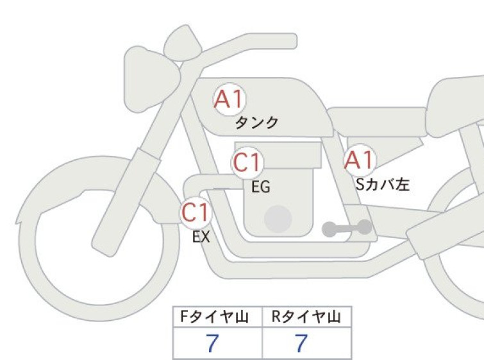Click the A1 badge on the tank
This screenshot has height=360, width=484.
point(229,99)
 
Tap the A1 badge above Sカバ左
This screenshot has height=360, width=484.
point(360,160)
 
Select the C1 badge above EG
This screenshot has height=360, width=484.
point(247,162)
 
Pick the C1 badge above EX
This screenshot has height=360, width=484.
point(196,212)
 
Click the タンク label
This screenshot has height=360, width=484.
point(256,123)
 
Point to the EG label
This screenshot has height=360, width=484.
point(261,187)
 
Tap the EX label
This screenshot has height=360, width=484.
point(201,237)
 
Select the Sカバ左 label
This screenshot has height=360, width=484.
point(383,184)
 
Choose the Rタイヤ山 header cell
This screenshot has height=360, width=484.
point(307,317)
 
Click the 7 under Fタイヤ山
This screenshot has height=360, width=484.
point(212,343)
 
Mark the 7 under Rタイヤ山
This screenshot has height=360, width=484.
point(301,343)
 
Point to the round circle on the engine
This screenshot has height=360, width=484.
point(278,219)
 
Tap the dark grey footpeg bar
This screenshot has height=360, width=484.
point(347,228)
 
